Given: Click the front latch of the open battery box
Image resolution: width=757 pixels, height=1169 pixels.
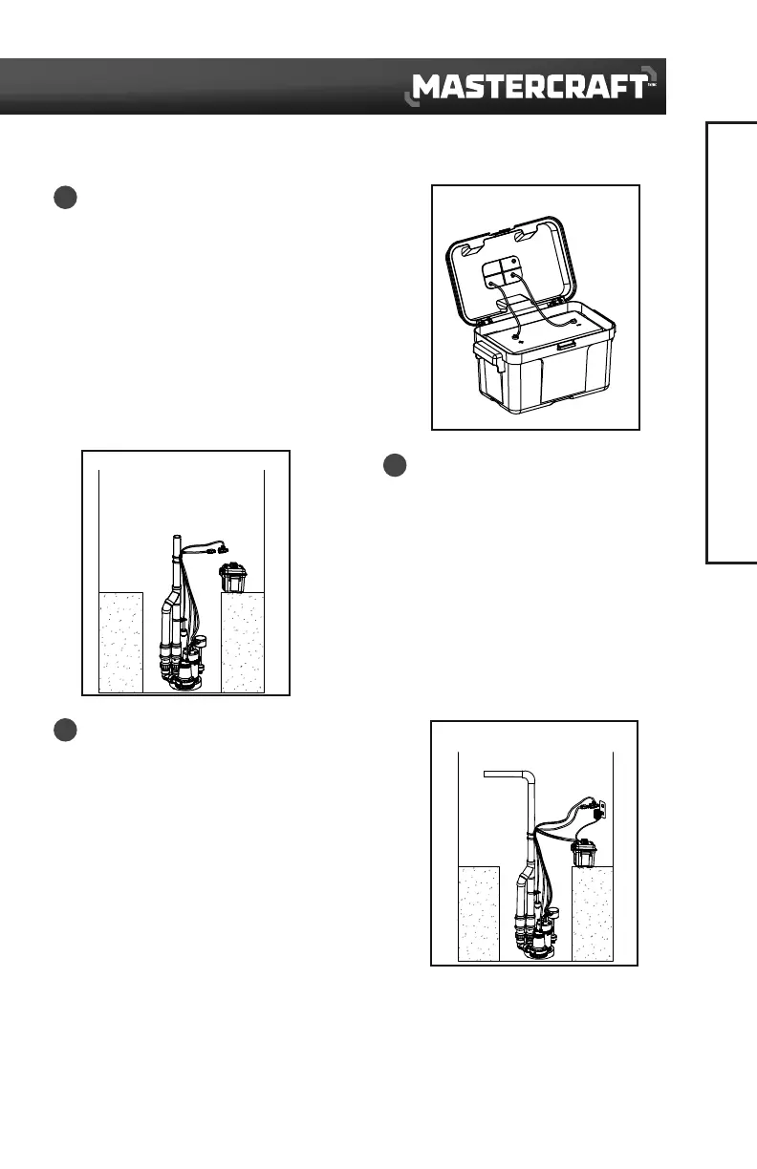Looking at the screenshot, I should (568, 344).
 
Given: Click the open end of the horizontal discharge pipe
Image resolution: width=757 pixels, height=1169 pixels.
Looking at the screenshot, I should (486, 775).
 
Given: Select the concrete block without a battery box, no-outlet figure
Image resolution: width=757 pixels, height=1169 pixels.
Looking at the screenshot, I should (121, 642).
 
